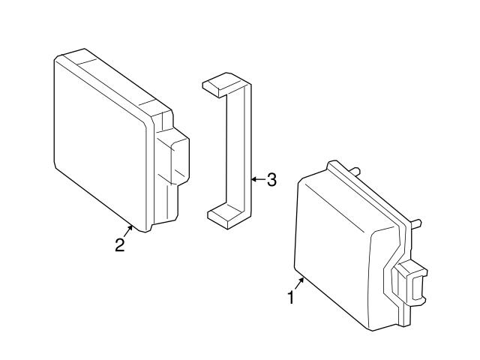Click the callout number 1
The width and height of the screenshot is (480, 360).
[291, 298]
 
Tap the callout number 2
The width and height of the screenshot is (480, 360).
[120, 245]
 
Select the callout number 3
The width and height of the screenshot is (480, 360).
[271, 180]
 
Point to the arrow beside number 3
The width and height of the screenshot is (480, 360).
[258, 179]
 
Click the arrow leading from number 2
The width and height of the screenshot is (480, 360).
[128, 231]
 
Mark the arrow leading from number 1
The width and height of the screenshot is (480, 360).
[299, 283]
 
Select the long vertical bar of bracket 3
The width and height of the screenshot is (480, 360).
[238, 150]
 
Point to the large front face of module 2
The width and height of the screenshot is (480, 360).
[100, 144]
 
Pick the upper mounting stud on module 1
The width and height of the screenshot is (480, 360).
[355, 171]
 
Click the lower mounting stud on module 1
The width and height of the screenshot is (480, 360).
[416, 223]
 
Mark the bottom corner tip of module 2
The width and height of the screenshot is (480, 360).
[145, 232]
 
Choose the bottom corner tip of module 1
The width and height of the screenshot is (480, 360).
[372, 330]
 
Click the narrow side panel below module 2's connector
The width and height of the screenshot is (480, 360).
[166, 203]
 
